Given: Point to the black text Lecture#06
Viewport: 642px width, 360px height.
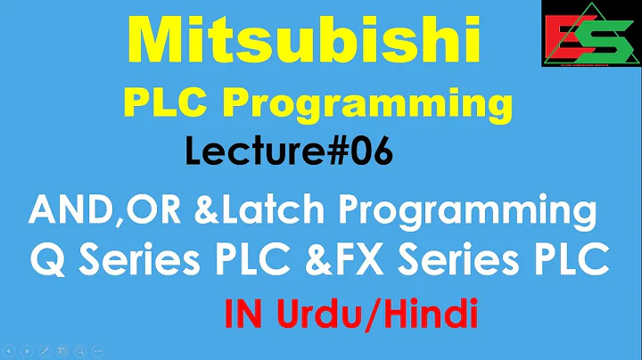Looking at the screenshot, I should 288,152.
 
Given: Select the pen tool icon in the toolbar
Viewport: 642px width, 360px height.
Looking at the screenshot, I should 45,350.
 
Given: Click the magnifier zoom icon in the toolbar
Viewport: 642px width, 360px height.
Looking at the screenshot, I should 81,350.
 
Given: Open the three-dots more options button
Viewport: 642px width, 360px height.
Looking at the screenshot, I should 99,350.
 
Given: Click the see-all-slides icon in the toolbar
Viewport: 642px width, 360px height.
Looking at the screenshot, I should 63,350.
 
